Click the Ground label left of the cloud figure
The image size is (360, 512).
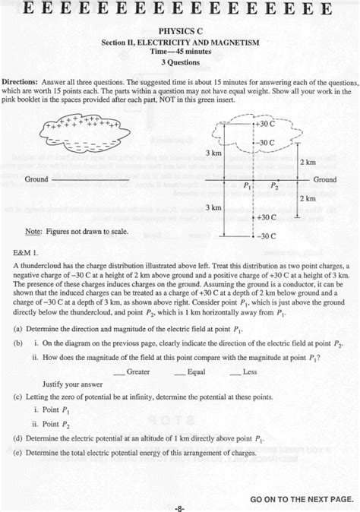coord(36,179)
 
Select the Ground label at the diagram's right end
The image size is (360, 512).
coord(325,179)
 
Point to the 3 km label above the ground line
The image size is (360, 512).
coord(213,153)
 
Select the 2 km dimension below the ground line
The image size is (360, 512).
coord(307,198)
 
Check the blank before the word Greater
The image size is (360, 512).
coord(118,372)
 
